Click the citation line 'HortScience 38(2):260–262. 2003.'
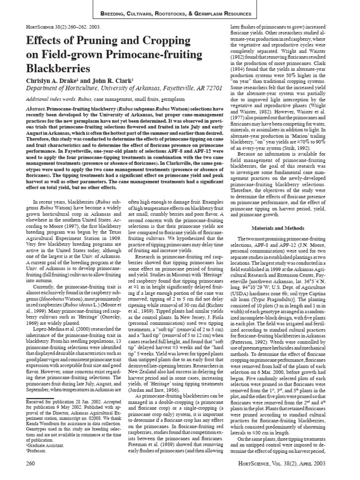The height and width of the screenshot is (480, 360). (54, 26)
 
